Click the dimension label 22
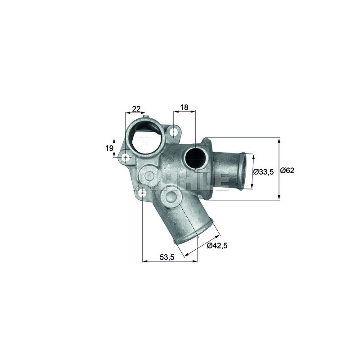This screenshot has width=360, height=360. click(x=136, y=108)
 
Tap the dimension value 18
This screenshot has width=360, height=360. click(x=184, y=108)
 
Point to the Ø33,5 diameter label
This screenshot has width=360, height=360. click(x=264, y=171)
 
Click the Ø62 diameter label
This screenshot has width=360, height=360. click(x=287, y=171)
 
